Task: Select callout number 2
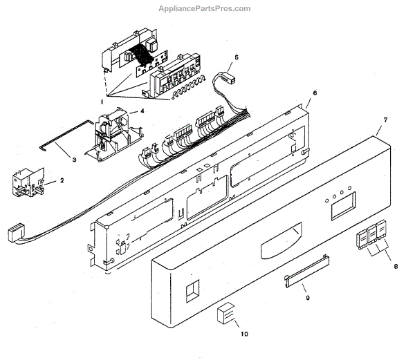point(62,180)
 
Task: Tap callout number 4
point(142,111)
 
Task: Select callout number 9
point(309,299)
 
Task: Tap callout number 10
point(243,334)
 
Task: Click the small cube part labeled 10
point(225,315)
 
